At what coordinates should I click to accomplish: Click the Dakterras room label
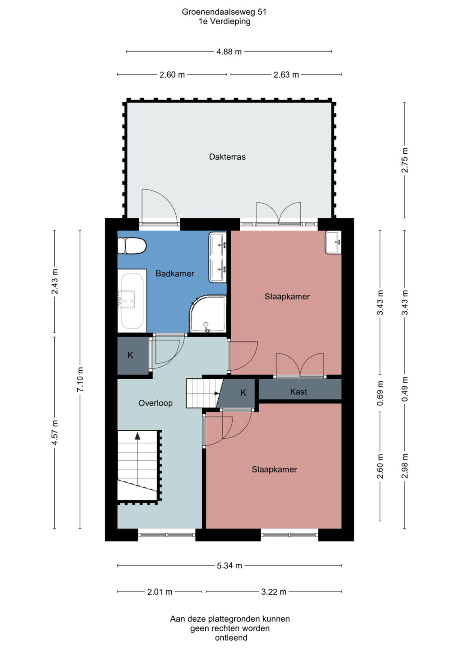(227, 157)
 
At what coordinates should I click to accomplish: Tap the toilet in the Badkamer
(131, 246)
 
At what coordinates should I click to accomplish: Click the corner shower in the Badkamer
(208, 314)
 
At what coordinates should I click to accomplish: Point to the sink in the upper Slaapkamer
(333, 242)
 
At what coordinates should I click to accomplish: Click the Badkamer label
(175, 273)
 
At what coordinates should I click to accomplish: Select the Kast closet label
(299, 392)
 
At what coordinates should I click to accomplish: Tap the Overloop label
(156, 403)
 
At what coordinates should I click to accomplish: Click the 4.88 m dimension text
(229, 52)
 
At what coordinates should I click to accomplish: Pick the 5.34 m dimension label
(229, 565)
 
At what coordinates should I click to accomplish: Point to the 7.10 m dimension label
(80, 380)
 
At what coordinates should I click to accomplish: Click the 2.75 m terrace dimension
(404, 160)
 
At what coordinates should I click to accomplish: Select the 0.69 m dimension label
(380, 393)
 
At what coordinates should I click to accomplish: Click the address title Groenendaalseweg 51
(224, 12)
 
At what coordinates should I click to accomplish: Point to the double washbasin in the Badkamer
(217, 257)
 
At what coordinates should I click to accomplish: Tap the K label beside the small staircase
(243, 393)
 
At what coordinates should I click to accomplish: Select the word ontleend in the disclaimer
(231, 637)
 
